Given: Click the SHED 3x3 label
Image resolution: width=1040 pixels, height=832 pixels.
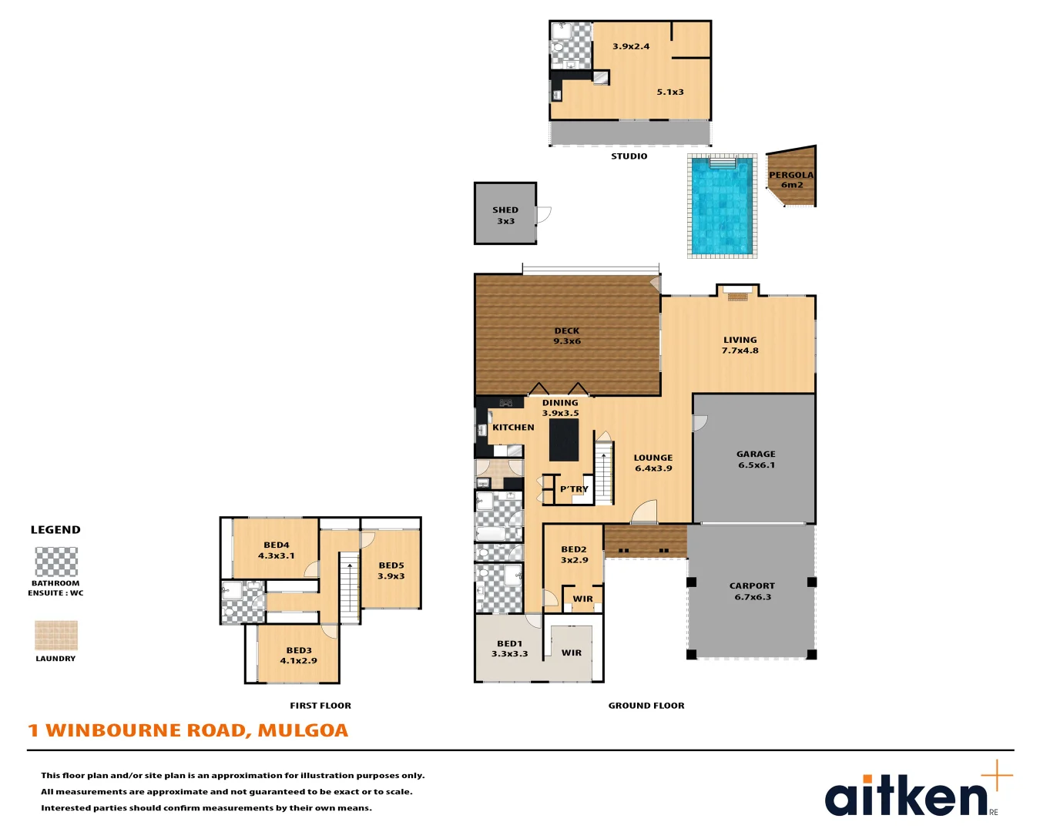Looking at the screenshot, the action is [x=505, y=216].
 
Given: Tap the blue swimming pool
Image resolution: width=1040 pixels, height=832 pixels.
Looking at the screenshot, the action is [x=722, y=206].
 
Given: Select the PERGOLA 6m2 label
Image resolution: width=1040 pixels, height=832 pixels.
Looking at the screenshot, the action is [x=791, y=179].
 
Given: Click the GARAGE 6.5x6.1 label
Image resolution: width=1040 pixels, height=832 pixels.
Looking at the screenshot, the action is [x=756, y=459].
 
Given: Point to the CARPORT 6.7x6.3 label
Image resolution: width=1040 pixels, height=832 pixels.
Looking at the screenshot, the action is [x=752, y=591].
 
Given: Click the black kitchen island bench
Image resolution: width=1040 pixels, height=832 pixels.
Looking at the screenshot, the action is [x=564, y=439].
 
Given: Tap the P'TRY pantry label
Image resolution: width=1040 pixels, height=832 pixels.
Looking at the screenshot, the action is [x=574, y=489].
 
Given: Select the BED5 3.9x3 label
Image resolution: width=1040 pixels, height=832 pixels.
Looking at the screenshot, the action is [x=391, y=570].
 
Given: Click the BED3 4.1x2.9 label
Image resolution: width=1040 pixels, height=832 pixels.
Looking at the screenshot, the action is [x=299, y=656].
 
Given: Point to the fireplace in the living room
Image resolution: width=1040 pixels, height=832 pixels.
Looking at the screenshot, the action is [x=737, y=297].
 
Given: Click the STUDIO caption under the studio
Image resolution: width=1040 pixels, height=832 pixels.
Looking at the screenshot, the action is [x=629, y=156].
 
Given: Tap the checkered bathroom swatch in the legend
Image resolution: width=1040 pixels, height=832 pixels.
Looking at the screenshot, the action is [x=56, y=562].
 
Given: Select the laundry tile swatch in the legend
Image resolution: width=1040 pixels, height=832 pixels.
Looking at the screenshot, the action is [x=56, y=636].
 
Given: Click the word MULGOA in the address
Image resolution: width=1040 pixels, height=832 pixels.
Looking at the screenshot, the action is [x=303, y=730].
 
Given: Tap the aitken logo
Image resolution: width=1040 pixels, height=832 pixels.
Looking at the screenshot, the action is [x=918, y=791].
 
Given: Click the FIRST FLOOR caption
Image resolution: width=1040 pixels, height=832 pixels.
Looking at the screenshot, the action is [x=320, y=706].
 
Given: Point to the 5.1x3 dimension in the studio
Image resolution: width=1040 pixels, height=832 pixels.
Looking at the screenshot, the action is [x=669, y=92].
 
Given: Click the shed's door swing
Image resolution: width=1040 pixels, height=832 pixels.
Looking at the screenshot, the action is [x=544, y=215].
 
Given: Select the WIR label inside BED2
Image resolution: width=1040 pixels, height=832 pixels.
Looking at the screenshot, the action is [x=583, y=599].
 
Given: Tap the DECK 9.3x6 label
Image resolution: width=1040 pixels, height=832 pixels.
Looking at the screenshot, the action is [x=566, y=336].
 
